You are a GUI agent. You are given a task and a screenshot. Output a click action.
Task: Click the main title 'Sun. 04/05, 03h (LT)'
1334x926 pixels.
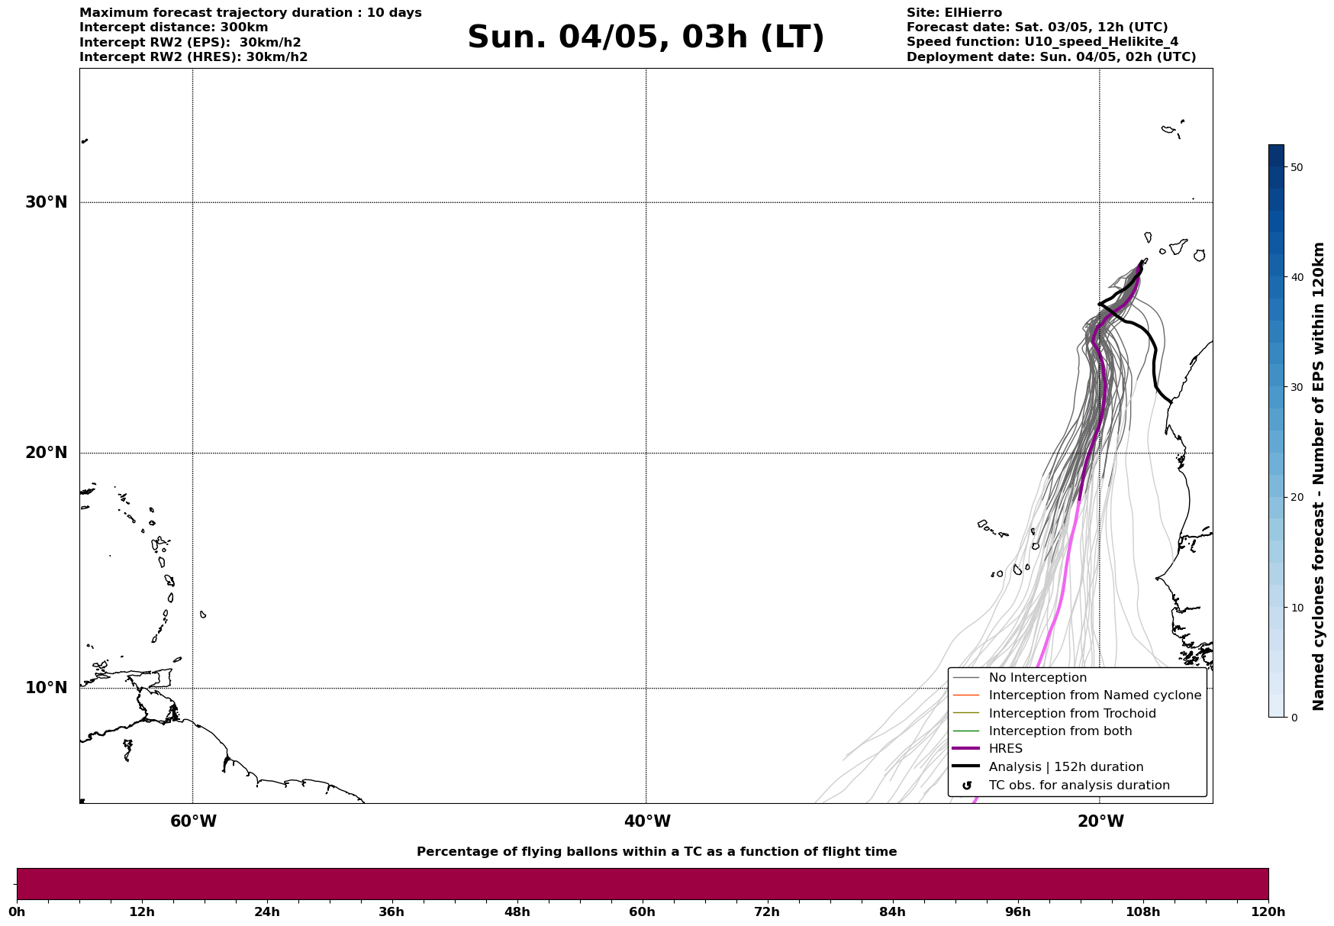coord(646,37)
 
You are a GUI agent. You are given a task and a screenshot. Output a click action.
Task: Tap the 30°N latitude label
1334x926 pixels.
coord(47,202)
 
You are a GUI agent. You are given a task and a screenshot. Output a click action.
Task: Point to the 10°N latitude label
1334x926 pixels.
coord(47,688)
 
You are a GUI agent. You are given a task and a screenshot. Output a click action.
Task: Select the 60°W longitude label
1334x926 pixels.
coord(193,821)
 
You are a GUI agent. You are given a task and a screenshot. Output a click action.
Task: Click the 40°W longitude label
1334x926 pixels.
coord(647,821)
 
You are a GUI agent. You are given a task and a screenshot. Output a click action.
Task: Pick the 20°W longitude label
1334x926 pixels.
coord(1100,821)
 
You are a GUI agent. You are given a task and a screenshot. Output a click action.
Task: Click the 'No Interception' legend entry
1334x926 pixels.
coord(1037,678)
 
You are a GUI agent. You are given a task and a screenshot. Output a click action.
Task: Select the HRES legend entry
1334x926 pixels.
coord(1005,749)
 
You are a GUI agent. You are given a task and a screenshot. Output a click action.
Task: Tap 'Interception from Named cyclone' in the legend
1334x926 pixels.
coord(1094,695)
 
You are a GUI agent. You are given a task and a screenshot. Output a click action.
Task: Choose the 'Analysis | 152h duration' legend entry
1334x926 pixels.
coord(1065,767)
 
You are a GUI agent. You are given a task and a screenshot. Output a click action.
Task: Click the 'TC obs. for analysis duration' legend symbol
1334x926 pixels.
coord(967,786)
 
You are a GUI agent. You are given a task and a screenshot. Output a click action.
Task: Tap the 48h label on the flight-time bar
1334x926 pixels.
coord(517,912)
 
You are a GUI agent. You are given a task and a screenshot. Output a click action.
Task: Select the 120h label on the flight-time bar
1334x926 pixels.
coord(1268,912)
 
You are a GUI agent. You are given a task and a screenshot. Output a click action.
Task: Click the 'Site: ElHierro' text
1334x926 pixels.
coord(954,13)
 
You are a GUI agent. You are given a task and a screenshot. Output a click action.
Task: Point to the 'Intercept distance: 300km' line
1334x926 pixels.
coord(173,27)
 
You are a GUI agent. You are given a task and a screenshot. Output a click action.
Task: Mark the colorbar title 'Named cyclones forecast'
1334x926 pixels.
coord(1318,476)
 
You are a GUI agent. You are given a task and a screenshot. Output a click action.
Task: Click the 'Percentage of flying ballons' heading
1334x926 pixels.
coord(656,852)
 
